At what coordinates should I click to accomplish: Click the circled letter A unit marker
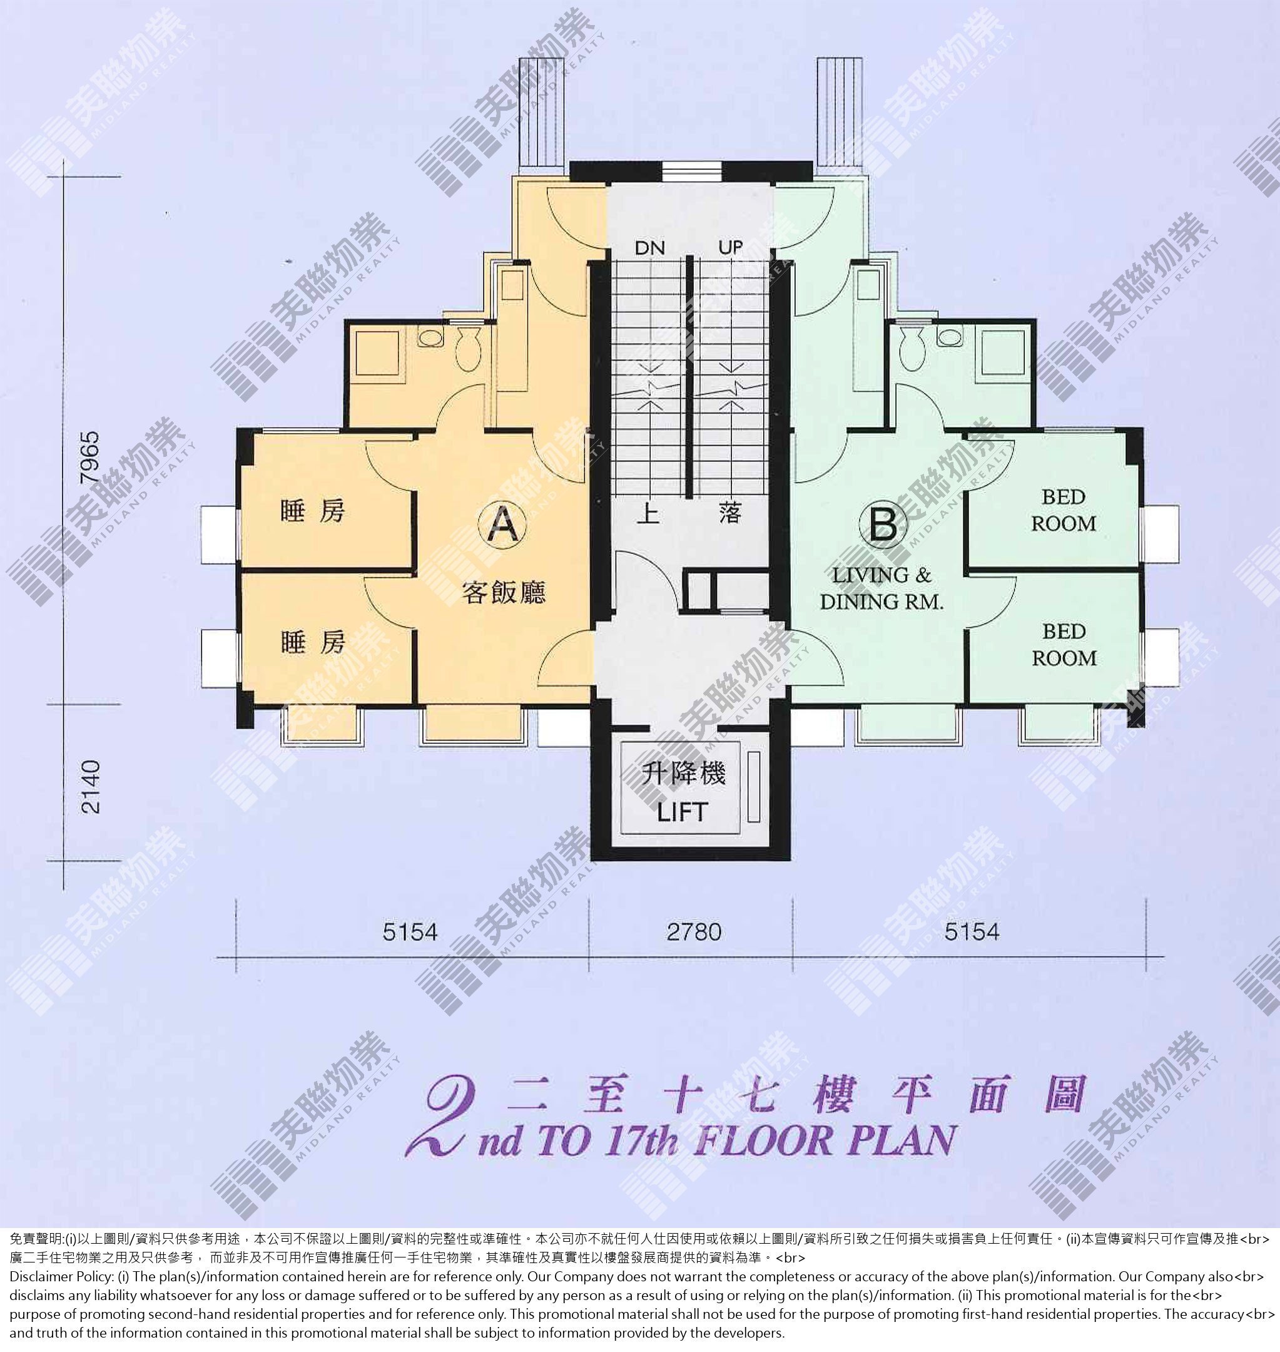click(x=504, y=524)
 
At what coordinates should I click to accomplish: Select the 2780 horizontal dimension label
click(x=694, y=932)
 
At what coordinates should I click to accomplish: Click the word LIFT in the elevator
click(x=683, y=812)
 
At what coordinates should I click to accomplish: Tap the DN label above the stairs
click(x=649, y=248)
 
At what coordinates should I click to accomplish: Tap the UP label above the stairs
click(x=730, y=247)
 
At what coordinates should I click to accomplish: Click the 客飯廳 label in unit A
click(x=504, y=591)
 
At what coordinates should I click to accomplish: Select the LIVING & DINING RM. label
click(x=881, y=588)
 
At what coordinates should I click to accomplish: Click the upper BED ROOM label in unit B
click(x=1063, y=511)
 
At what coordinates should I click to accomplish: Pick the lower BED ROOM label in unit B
click(x=1064, y=645)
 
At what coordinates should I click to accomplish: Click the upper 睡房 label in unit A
click(x=313, y=511)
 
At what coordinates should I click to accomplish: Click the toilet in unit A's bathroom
click(x=468, y=349)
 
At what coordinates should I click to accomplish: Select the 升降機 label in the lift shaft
click(x=683, y=773)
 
